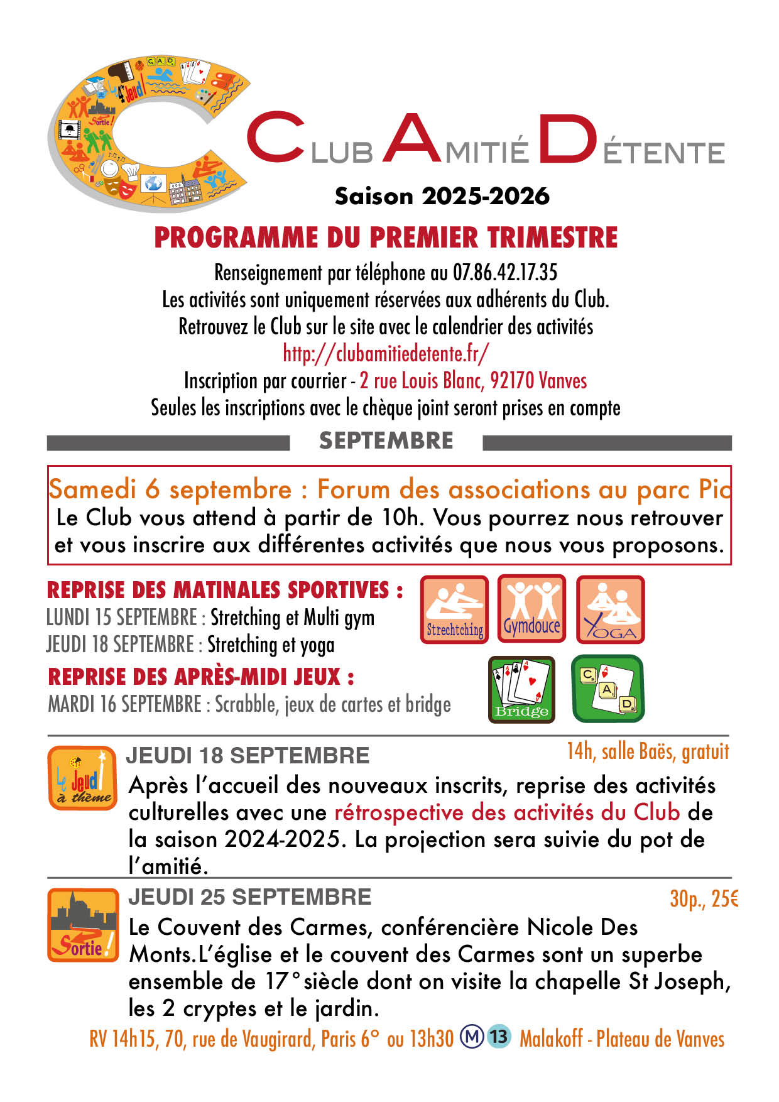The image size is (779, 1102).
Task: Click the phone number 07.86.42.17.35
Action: point(504,273)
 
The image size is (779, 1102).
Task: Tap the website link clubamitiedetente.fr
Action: point(386,354)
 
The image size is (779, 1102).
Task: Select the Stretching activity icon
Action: point(454,609)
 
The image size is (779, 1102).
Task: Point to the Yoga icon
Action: point(610,609)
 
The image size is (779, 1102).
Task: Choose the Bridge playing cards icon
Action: point(521,689)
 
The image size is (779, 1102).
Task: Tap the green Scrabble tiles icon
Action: point(607,689)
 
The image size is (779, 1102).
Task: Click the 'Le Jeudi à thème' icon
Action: point(82,778)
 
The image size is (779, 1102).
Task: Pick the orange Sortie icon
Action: point(82,925)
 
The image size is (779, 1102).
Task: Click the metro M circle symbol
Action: point(471,1036)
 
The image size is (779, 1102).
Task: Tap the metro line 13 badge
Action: point(499,1036)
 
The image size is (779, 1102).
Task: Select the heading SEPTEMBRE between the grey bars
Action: point(386,441)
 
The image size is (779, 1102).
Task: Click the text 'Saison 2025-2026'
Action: point(442,196)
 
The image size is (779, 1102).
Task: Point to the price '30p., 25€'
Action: point(704,900)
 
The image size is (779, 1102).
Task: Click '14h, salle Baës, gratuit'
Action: point(648,751)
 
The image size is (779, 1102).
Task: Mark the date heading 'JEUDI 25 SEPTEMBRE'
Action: point(249,897)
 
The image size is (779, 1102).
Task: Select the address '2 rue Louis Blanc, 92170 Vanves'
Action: point(473,381)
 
